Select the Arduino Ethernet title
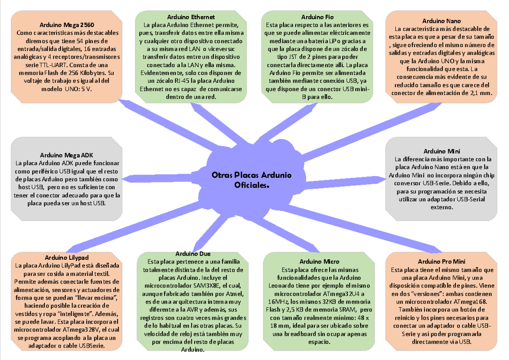(x=191, y=17)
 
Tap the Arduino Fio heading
(x=317, y=17)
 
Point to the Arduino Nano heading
(x=442, y=21)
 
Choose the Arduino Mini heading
(x=442, y=151)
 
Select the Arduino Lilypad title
(x=67, y=258)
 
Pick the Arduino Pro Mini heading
(x=441, y=262)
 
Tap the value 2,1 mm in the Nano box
(x=481, y=93)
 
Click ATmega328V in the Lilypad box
(x=82, y=330)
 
